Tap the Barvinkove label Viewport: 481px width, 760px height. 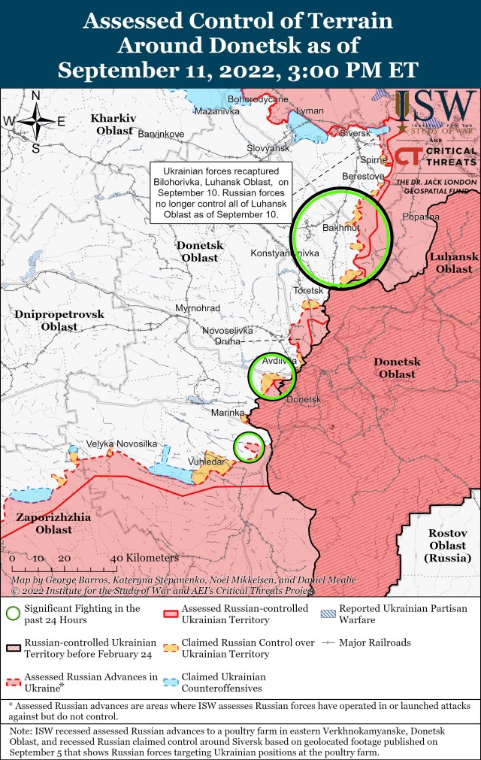pyautogui.click(x=161, y=134)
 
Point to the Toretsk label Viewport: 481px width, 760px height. pyautogui.click(x=308, y=290)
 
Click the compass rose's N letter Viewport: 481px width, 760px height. pyautogui.click(x=35, y=95)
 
